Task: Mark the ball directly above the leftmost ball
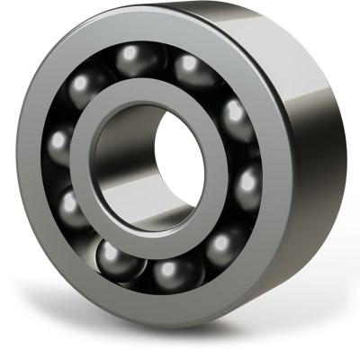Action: pos(83,87)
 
